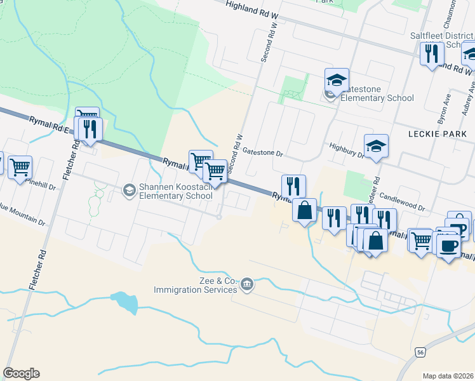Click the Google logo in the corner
(21, 373)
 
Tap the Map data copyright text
(448, 376)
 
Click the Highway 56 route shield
(421, 352)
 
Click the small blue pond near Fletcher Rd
(124, 303)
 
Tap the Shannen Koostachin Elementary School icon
(129, 190)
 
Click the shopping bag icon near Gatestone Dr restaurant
(305, 210)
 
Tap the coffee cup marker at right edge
(450, 244)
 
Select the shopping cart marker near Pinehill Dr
(20, 167)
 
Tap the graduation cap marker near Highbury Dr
(376, 146)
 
